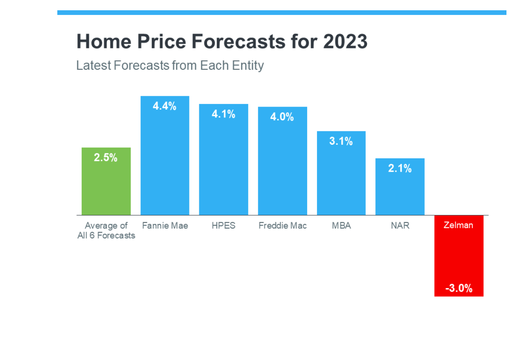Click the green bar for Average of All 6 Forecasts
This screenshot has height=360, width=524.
tap(106, 181)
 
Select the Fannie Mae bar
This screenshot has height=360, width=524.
tap(165, 155)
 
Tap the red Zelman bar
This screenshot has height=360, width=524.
tap(459, 256)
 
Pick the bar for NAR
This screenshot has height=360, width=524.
tap(400, 187)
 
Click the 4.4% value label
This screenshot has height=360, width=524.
tap(164, 106)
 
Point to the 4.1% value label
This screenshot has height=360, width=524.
tap(223, 114)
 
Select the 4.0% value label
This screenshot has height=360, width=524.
tap(282, 117)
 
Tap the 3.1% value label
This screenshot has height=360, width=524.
tap(341, 141)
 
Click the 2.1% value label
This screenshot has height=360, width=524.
tap(400, 168)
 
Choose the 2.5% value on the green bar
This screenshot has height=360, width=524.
tap(106, 158)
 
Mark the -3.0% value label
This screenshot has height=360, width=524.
tap(459, 288)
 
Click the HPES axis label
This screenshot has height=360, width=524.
tap(223, 226)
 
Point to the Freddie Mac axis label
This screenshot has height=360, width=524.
tap(283, 226)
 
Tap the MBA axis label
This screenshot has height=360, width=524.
tap(341, 226)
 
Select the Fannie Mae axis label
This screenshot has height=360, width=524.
tap(165, 226)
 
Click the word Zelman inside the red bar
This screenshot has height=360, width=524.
tap(458, 225)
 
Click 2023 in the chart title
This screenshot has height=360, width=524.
tap(345, 42)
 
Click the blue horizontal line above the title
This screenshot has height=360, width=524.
tap(282, 13)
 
